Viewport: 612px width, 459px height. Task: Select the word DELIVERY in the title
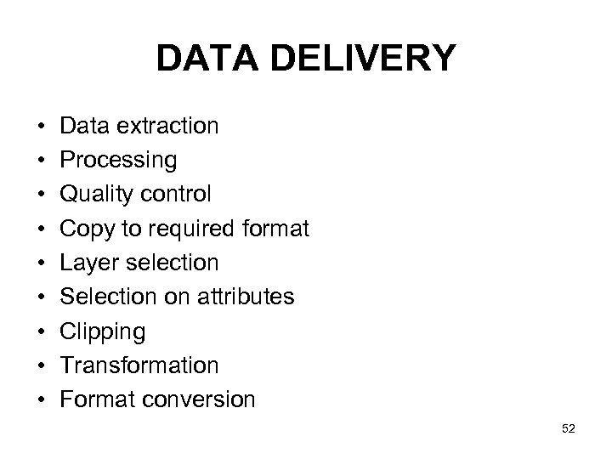coord(360,59)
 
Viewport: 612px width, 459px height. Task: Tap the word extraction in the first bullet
coord(168,126)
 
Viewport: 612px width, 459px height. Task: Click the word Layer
coord(88,263)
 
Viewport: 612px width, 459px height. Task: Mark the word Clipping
coord(103,331)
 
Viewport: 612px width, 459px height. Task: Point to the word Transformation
coord(139,365)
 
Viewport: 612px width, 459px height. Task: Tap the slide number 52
coord(569,429)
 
